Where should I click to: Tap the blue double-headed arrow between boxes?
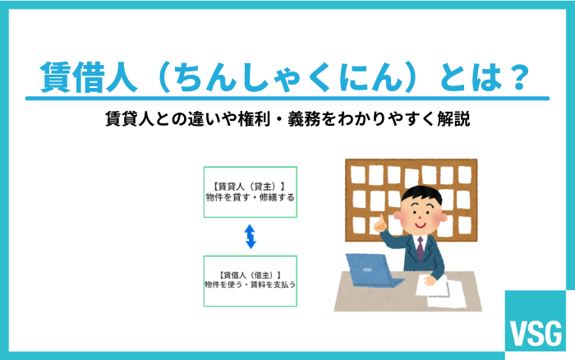click(250, 237)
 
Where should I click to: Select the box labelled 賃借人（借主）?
click(250, 280)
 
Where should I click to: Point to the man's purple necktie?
click(420, 247)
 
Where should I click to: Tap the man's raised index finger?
click(379, 220)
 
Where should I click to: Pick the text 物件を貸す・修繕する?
click(250, 198)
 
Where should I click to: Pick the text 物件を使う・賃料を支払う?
click(250, 285)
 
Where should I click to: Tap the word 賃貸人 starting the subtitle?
click(129, 120)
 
